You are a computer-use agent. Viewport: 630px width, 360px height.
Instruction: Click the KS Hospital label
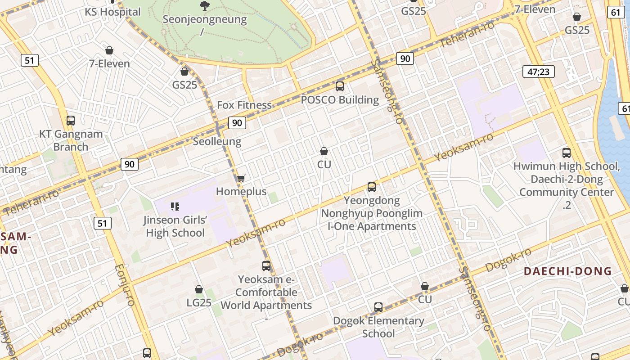tap(112, 12)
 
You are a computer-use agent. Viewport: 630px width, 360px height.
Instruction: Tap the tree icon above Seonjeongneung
tap(205, 6)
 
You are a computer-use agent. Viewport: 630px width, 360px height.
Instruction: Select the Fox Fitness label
tap(244, 105)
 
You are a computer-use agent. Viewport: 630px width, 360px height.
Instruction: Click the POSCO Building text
tap(340, 100)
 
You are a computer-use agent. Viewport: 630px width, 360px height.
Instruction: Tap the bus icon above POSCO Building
tap(340, 86)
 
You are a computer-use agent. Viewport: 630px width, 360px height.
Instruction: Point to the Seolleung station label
tap(217, 141)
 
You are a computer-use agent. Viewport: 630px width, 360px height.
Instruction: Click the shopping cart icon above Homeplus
tap(241, 179)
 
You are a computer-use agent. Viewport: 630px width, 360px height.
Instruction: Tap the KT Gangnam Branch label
tap(71, 140)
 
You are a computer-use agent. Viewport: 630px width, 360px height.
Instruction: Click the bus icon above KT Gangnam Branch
tap(71, 120)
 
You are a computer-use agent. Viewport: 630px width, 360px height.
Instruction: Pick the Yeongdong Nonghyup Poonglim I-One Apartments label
tap(372, 213)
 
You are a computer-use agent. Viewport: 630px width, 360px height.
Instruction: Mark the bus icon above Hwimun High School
tap(567, 153)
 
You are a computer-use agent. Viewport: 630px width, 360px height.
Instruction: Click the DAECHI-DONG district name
tap(568, 271)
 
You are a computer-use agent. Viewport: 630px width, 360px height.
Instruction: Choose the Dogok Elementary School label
tap(378, 327)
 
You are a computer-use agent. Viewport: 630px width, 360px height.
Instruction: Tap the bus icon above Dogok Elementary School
tap(378, 307)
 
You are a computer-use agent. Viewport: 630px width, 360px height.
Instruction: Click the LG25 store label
tap(199, 303)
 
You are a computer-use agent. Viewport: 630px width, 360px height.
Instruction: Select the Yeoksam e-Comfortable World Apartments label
tap(266, 292)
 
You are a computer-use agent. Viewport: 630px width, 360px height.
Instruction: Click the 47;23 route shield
tap(539, 72)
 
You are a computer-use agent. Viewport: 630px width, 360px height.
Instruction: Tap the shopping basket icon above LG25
tap(199, 289)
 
